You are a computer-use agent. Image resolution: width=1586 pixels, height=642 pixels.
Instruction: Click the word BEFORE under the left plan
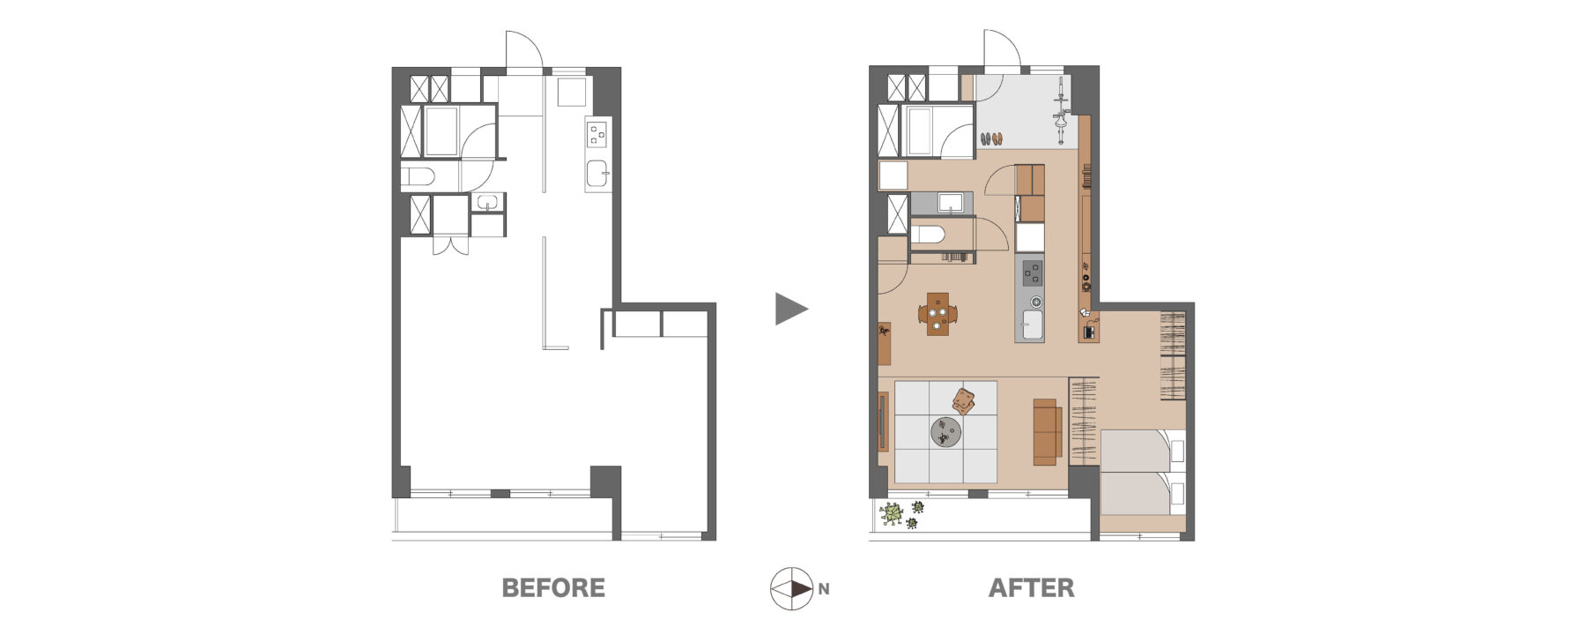pyautogui.click(x=553, y=588)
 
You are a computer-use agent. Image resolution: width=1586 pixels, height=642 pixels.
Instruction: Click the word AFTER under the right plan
pyautogui.click(x=1031, y=588)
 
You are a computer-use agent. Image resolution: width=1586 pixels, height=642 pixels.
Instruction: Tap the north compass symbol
pyautogui.click(x=791, y=588)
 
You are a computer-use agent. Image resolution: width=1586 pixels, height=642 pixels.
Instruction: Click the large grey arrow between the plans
pyautogui.click(x=791, y=309)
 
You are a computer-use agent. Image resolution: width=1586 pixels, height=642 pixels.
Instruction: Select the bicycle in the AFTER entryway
pyautogui.click(x=1062, y=110)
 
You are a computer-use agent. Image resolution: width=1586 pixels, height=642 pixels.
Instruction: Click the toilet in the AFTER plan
pyautogui.click(x=927, y=235)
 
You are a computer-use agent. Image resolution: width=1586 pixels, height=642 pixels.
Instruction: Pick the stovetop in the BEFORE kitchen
pyautogui.click(x=597, y=134)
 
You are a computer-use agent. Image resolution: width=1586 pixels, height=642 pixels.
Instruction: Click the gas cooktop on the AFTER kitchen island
pyautogui.click(x=1032, y=273)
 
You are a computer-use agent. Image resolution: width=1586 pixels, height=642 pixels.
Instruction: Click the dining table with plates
pyautogui.click(x=938, y=314)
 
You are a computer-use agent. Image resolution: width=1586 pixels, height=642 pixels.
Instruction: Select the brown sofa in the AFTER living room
pyautogui.click(x=1046, y=431)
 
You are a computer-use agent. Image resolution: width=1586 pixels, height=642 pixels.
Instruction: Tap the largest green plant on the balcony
pyautogui.click(x=893, y=513)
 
